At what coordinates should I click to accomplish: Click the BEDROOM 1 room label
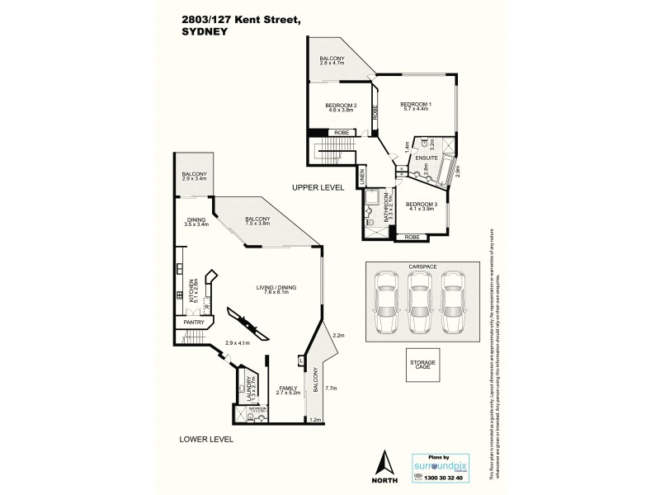point(416,105)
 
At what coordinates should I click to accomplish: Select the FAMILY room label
point(287,389)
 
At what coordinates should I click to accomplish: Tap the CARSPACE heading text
point(421,267)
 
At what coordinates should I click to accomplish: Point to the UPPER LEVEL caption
point(317,189)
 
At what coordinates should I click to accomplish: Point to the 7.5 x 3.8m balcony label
point(257,221)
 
